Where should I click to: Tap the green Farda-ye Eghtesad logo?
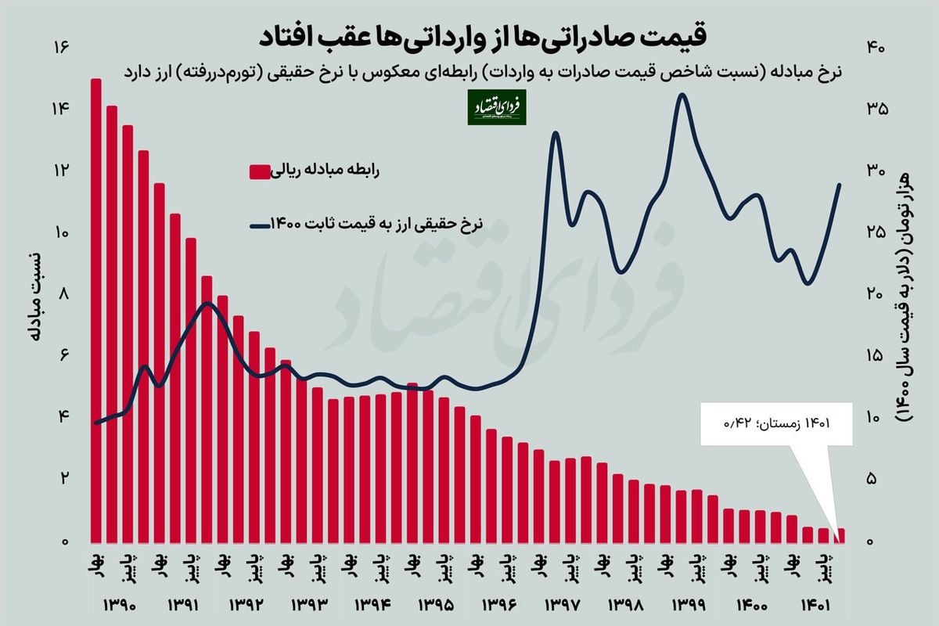pyautogui.click(x=497, y=107)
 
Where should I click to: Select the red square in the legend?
pyautogui.click(x=259, y=172)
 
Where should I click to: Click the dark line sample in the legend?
pyautogui.click(x=259, y=225)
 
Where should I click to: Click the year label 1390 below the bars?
pyautogui.click(x=119, y=605)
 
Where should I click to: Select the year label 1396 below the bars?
pyautogui.click(x=498, y=605)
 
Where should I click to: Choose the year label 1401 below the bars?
pyautogui.click(x=813, y=605)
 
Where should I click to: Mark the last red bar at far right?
pyautogui.click(x=840, y=535)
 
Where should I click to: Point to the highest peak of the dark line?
pyautogui.click(x=682, y=95)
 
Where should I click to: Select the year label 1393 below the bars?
pyautogui.click(x=308, y=605)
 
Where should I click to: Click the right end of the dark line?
pyautogui.click(x=840, y=185)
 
